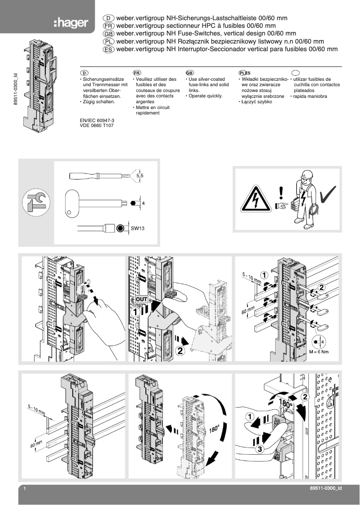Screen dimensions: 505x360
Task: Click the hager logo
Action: coord(70,22)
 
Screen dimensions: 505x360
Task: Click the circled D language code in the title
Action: coord(109,18)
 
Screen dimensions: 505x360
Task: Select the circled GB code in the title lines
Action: coord(109,34)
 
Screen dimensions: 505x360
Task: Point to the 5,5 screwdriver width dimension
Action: coord(140,176)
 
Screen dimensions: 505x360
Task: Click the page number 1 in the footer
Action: coord(26,488)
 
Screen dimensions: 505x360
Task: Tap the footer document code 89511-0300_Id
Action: coord(326,488)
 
